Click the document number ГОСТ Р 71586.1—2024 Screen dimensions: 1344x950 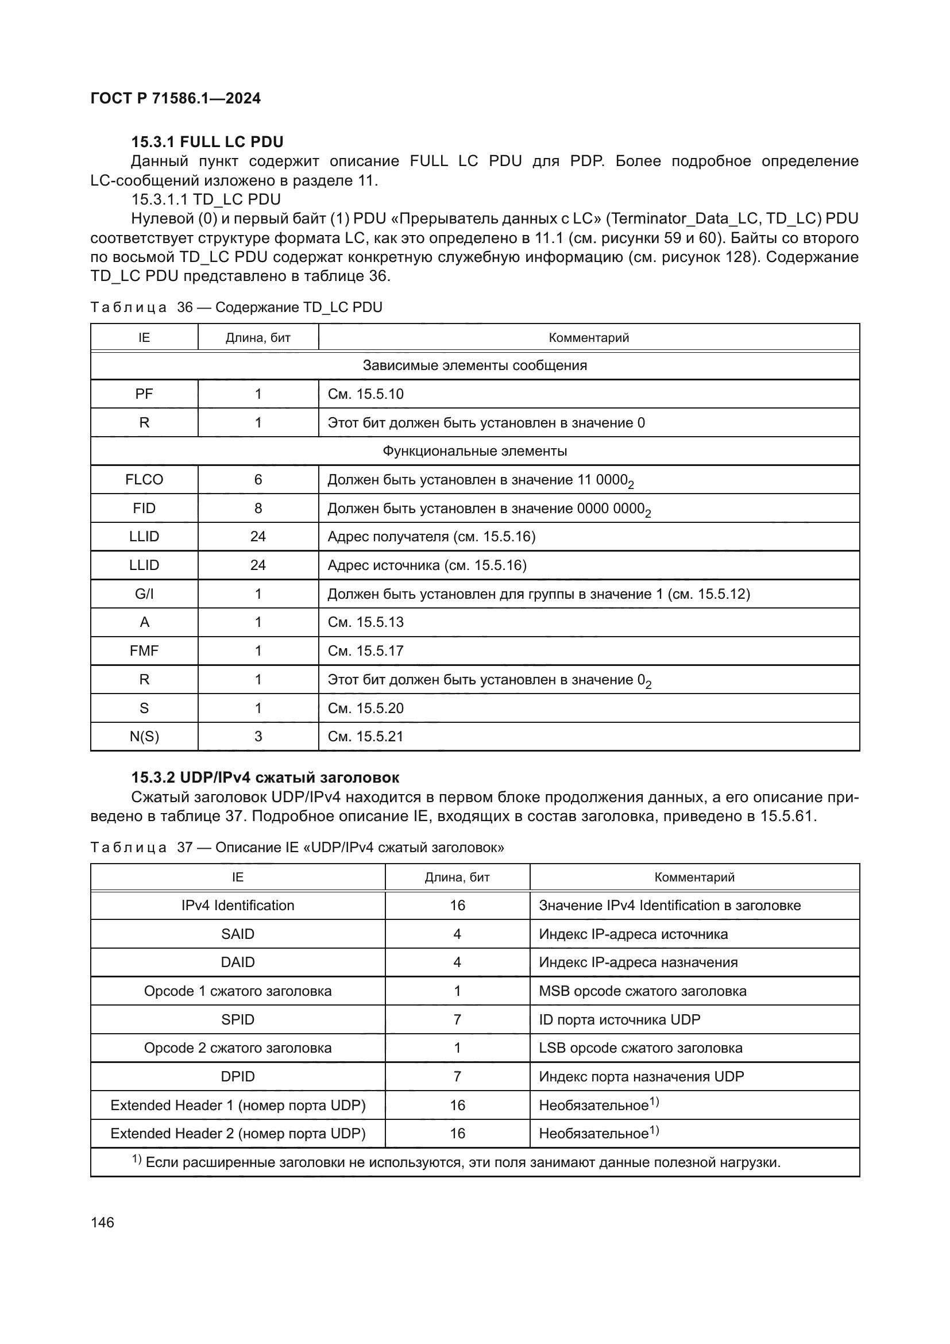tap(176, 98)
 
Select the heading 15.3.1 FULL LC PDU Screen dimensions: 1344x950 tap(207, 142)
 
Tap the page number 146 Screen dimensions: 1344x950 tap(102, 1222)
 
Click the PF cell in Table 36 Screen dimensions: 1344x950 tap(144, 394)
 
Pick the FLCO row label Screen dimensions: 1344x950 tap(144, 479)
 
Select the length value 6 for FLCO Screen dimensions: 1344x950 tap(258, 479)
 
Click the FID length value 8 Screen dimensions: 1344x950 tap(258, 508)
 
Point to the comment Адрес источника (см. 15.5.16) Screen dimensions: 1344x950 tap(427, 565)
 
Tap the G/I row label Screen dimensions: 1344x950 tap(144, 594)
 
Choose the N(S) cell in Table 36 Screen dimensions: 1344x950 tap(144, 737)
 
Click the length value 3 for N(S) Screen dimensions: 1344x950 tap(258, 737)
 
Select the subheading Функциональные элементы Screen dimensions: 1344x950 tap(474, 450)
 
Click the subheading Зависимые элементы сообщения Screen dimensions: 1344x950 tap(474, 365)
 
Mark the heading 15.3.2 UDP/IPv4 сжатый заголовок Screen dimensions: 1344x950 tap(265, 777)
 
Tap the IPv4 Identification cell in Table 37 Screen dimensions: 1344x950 tap(238, 906)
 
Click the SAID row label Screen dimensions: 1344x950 tap(238, 934)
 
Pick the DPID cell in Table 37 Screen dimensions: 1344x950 tap(238, 1076)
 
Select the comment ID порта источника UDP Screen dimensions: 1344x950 tap(620, 1020)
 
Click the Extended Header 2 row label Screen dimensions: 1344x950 tap(238, 1133)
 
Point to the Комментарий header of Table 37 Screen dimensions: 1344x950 tap(694, 877)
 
